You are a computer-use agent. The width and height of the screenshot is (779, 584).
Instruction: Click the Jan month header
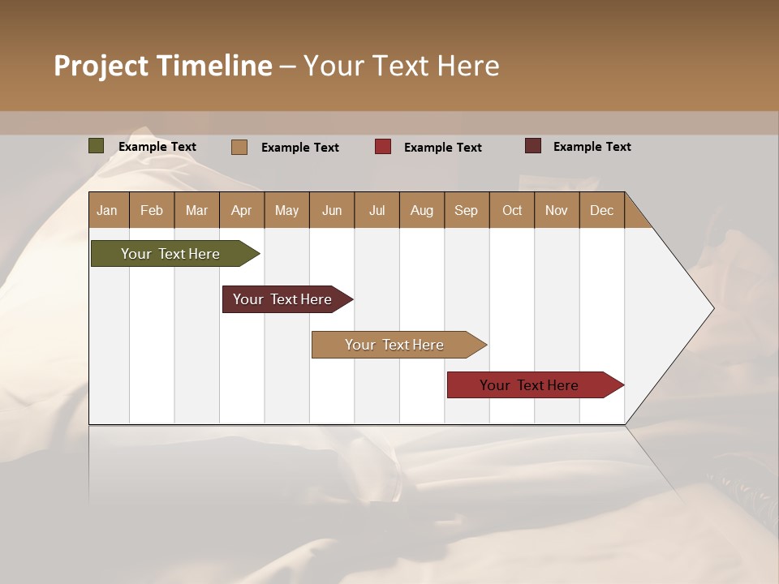pos(107,210)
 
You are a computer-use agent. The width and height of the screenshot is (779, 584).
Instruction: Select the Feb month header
pos(152,210)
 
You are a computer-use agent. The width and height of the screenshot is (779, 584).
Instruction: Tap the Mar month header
pos(196,210)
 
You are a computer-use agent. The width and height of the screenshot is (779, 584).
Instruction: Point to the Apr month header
pos(241,210)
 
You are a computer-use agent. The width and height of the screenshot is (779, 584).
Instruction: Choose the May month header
pos(286,210)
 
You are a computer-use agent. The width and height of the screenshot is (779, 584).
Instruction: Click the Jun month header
pos(332,210)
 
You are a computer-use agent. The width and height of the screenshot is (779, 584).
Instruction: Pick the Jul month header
pos(377,210)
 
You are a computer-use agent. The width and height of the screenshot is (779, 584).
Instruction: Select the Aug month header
pos(422,210)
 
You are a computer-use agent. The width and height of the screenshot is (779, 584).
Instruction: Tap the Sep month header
pos(467,210)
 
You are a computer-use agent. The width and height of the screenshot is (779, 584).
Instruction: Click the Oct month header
pos(512,210)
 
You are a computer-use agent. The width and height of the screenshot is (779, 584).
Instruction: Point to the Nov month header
pos(557,210)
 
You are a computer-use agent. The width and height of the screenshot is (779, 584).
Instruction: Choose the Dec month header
pos(602,210)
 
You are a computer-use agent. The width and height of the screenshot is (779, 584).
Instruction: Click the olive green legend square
pos(97,146)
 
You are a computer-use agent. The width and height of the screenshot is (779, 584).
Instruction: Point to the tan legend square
pos(239,147)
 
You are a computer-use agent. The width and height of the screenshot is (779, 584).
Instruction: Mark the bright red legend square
pos(383,147)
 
